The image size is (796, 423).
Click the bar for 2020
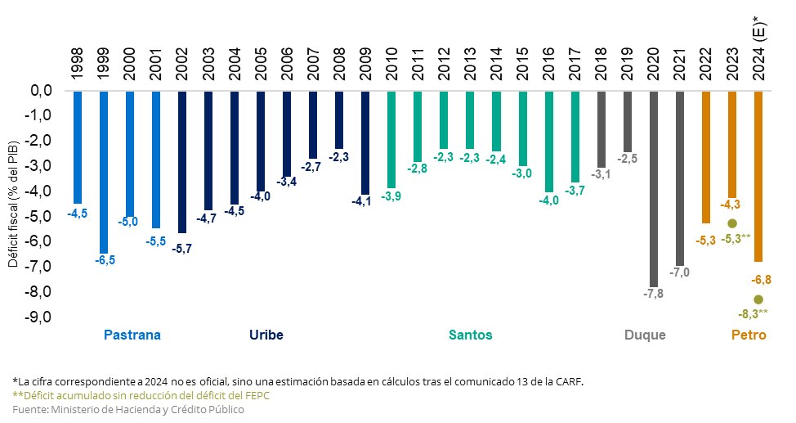pyautogui.click(x=654, y=188)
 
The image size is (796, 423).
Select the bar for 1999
pyautogui.click(x=104, y=172)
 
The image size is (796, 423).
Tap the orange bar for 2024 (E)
pyautogui.click(x=758, y=176)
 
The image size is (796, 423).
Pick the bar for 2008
pyautogui.click(x=339, y=119)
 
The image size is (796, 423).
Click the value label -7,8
pyautogui.click(x=654, y=294)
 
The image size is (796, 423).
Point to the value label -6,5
pyautogui.click(x=105, y=260)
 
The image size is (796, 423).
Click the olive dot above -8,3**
pyautogui.click(x=758, y=299)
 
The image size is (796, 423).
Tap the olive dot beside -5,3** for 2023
pyautogui.click(x=732, y=223)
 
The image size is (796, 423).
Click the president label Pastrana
pyautogui.click(x=132, y=335)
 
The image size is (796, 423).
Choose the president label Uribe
pyautogui.click(x=266, y=335)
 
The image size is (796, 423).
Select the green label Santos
pyautogui.click(x=470, y=335)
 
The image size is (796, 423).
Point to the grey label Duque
pyautogui.click(x=645, y=335)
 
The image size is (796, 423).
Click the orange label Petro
pyautogui.click(x=749, y=335)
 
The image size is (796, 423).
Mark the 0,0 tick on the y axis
pyautogui.click(x=42, y=91)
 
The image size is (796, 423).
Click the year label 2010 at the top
pyautogui.click(x=391, y=63)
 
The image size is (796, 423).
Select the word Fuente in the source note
pyautogui.click(x=29, y=408)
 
